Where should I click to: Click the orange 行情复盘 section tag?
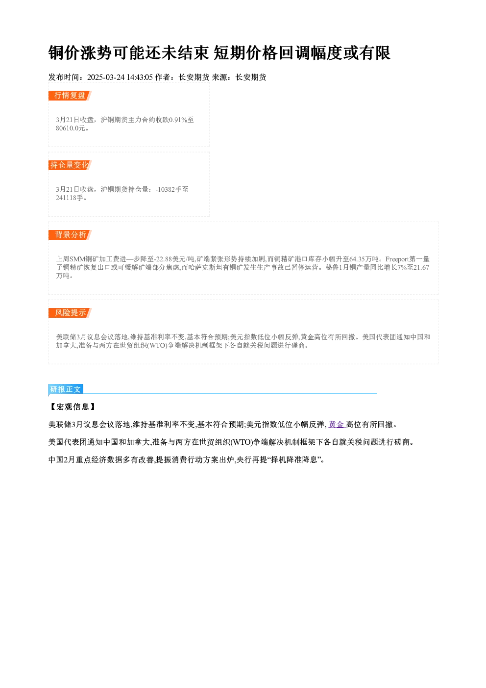(70, 96)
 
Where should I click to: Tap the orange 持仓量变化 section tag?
(70, 165)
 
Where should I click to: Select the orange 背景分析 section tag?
(70, 235)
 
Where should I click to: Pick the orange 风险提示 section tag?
(70, 313)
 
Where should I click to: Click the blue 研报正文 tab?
(66, 389)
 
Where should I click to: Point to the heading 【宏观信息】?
(73, 407)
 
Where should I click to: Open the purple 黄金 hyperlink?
(336, 425)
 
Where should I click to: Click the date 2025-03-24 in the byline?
(106, 77)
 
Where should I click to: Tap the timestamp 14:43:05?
(140, 77)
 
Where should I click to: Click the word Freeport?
(397, 259)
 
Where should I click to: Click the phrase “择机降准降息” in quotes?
(294, 460)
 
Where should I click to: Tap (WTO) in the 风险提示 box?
(158, 346)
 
